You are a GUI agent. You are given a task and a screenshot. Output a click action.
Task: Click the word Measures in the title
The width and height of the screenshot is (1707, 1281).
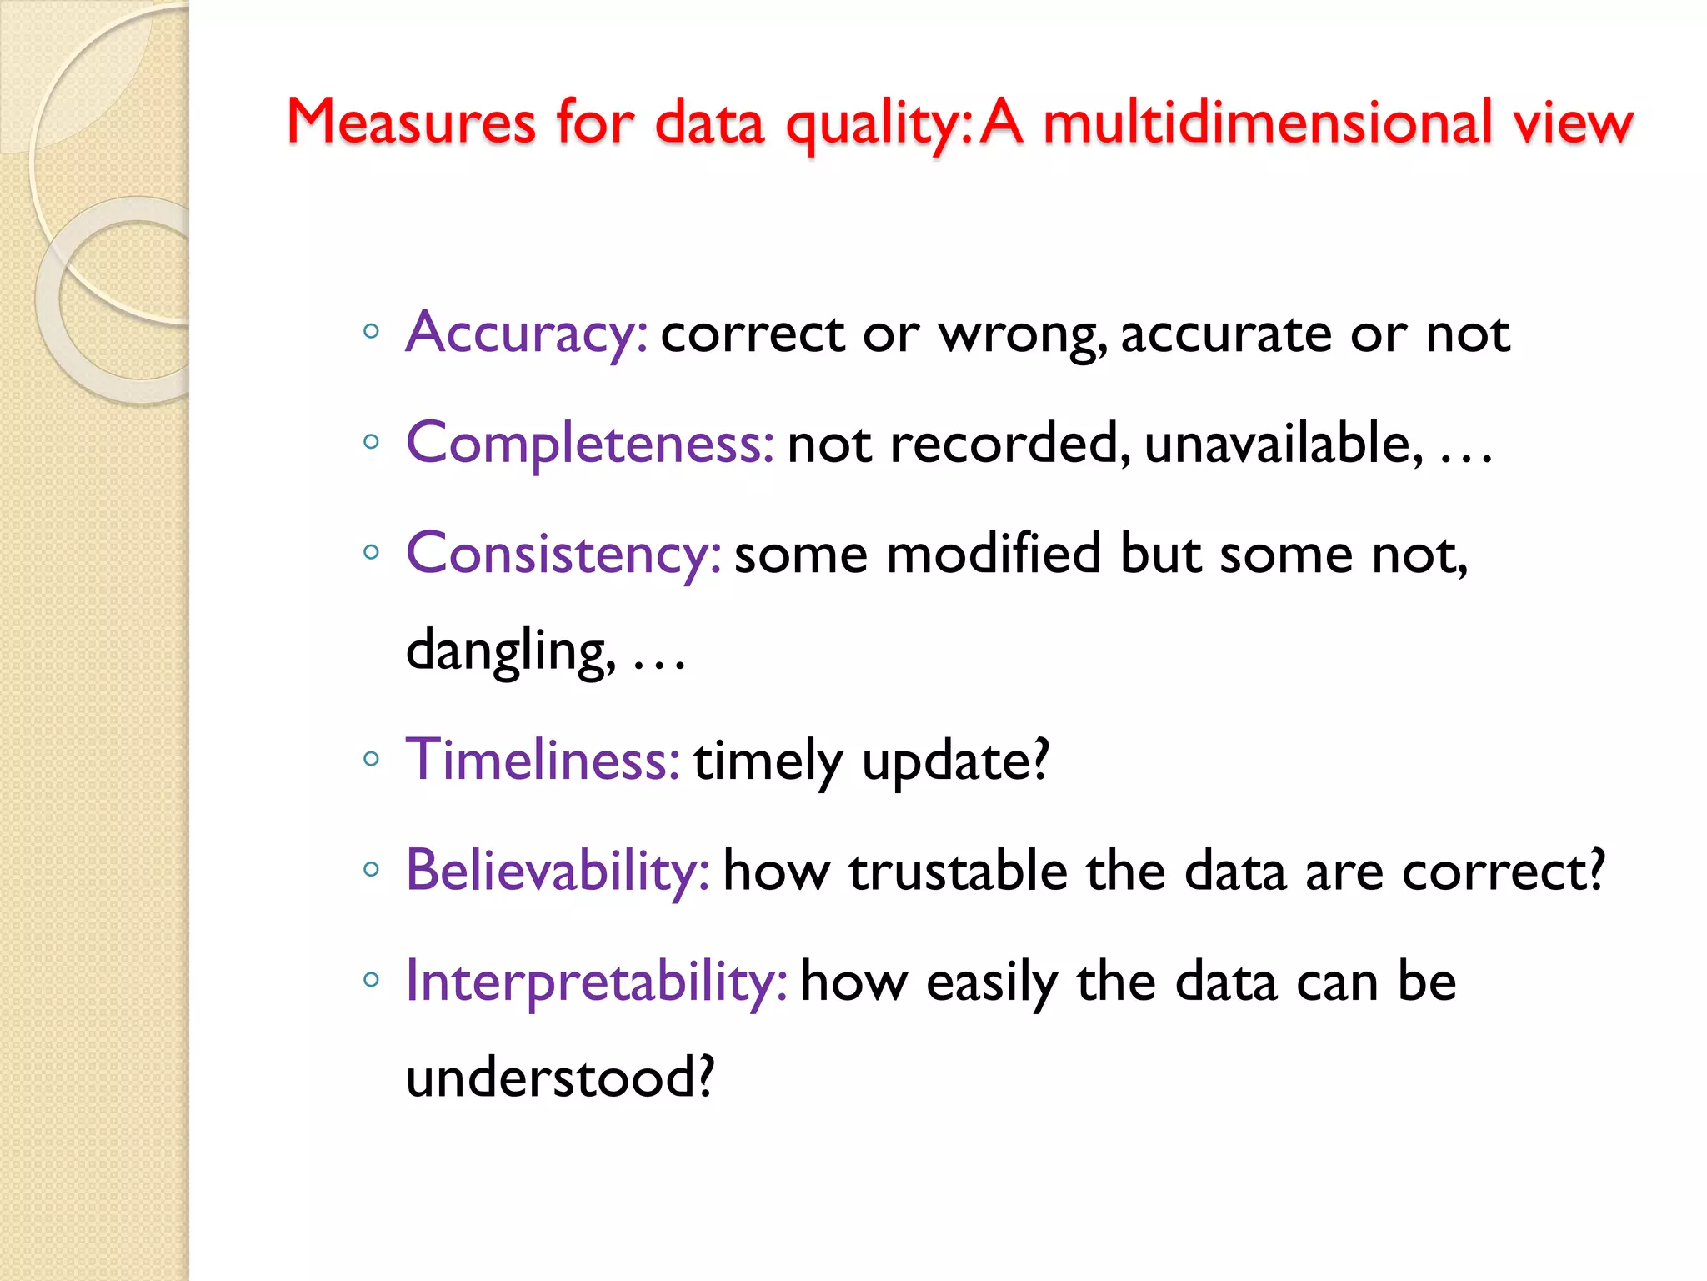coord(411,123)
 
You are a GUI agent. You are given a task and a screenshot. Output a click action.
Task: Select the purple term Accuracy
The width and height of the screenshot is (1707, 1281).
coord(526,334)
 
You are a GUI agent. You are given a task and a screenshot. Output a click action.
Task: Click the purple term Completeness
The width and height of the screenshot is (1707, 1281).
coord(590,443)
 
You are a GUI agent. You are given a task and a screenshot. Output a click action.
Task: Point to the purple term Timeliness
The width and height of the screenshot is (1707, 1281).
coord(543,760)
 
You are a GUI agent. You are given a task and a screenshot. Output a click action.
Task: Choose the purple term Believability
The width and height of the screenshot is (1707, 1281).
coord(558,871)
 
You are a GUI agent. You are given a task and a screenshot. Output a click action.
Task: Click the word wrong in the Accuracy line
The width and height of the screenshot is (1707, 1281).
coord(1022,335)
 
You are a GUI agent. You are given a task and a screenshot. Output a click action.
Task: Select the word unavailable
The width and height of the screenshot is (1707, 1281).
coord(1284,443)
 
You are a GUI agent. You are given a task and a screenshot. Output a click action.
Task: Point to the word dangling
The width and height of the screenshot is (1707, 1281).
coord(510,651)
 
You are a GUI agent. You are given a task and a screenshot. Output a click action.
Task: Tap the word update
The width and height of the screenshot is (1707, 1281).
coord(954,761)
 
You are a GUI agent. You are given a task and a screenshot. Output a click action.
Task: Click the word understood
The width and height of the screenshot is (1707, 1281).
coord(559,1078)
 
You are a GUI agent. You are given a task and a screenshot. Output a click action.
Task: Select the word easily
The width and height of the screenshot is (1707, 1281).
coord(992,983)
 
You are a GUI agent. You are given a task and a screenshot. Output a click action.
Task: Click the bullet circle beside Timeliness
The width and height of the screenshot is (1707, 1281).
coord(372,759)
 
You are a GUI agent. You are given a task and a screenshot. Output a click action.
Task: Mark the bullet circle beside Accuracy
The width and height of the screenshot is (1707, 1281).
coord(372,331)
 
